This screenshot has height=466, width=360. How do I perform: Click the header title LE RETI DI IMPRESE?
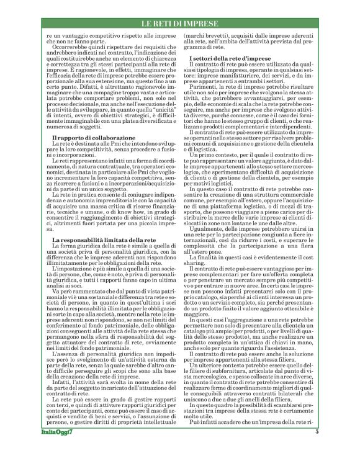(x=180, y=24)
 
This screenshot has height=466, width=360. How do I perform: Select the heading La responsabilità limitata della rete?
(x=96, y=240)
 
